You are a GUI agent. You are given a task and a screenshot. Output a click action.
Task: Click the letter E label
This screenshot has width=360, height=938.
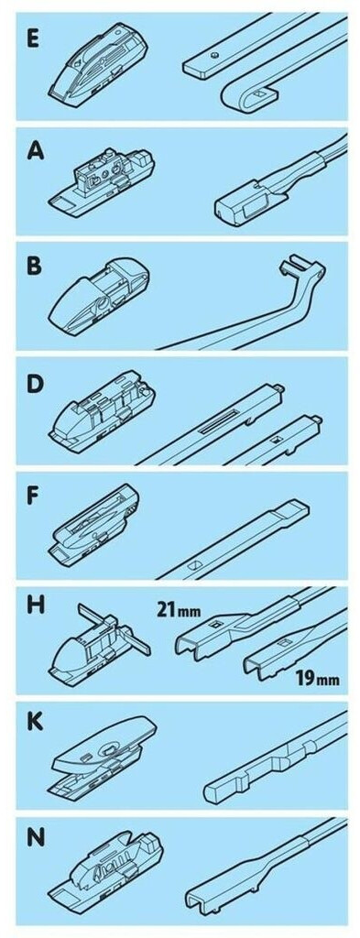(x=34, y=40)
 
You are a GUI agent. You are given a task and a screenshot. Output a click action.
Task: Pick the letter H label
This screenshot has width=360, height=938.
(x=36, y=609)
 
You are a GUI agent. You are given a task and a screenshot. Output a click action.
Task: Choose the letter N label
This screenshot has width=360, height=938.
(x=36, y=837)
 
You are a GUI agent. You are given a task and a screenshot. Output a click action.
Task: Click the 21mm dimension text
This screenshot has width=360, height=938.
(x=179, y=611)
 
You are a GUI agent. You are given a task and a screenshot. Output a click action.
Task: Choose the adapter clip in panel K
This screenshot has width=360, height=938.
(x=103, y=755)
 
